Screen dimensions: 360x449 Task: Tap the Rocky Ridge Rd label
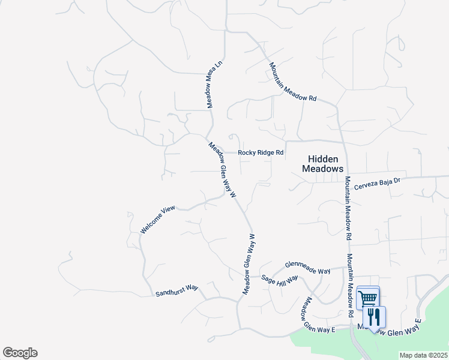(x=260, y=153)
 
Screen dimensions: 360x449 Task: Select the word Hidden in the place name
(x=323, y=159)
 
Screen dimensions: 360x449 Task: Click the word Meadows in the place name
(x=323, y=169)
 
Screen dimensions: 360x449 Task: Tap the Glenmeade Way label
(x=307, y=268)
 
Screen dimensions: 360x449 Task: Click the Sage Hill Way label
(x=280, y=280)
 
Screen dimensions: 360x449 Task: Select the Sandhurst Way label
(x=176, y=291)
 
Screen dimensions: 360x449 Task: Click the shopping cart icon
(x=368, y=298)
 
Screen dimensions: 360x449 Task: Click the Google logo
(x=20, y=353)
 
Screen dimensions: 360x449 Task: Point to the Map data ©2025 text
(x=423, y=355)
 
